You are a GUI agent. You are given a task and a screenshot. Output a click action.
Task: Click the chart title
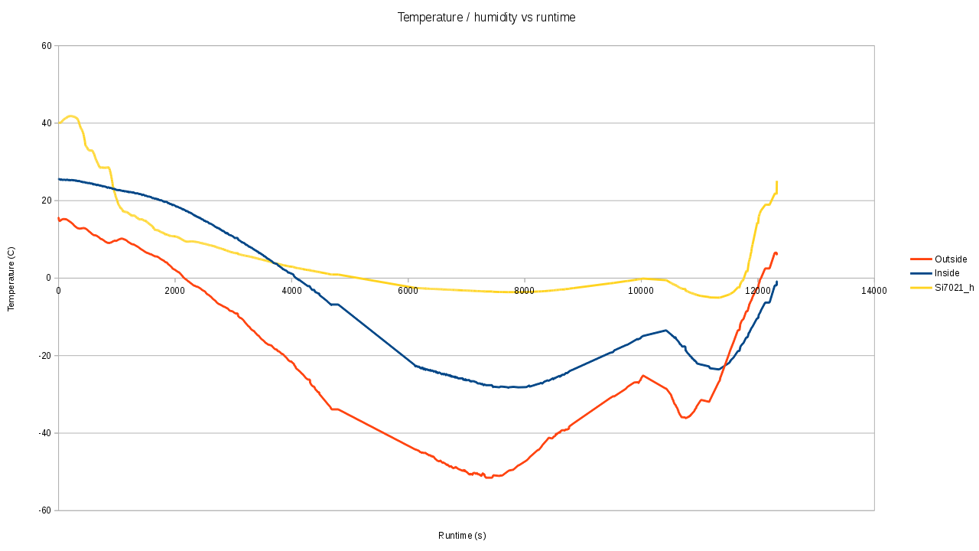(486, 17)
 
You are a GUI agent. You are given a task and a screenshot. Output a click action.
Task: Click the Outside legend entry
(951, 259)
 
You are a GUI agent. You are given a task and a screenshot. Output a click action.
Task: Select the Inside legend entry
(946, 273)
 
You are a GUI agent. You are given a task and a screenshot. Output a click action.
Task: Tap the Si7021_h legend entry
(954, 287)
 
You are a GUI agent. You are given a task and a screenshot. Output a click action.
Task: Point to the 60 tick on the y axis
(47, 46)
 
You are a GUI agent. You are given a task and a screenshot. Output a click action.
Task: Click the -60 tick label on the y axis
(45, 510)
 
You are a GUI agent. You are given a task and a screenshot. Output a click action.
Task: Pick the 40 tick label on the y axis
(47, 123)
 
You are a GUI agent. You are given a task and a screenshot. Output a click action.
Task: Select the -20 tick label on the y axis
(45, 356)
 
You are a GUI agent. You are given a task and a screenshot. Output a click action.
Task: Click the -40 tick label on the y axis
(45, 433)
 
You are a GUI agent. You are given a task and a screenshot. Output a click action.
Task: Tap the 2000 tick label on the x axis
(174, 291)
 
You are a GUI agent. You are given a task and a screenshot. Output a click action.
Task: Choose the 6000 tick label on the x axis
(408, 291)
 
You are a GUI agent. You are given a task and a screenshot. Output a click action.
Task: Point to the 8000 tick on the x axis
(525, 291)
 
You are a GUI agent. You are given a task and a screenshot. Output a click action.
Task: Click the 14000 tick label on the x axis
(874, 291)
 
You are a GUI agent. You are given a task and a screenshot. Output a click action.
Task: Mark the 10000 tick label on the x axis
(641, 291)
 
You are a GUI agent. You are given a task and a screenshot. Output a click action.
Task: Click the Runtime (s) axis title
(462, 536)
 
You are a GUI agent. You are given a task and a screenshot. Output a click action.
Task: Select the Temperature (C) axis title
(11, 279)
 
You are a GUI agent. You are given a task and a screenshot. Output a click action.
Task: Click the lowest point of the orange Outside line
(488, 478)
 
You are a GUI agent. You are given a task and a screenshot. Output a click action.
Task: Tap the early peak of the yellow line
(70, 116)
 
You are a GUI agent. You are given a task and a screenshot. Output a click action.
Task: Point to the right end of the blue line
(777, 282)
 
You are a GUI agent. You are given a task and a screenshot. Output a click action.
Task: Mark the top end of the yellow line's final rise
(776, 181)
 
